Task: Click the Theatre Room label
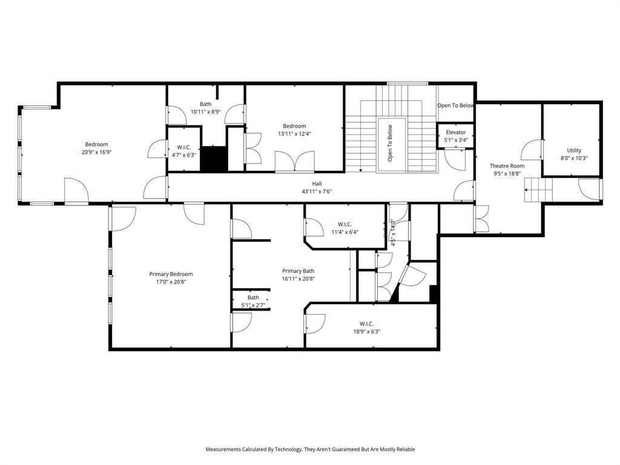pos(507,166)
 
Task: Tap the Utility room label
pos(573,150)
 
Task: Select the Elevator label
pos(455,132)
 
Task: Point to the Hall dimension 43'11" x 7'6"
pos(317,191)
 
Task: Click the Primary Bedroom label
pos(171,274)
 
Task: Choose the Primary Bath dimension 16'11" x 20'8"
pos(298,279)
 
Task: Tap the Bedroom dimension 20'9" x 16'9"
pos(96,152)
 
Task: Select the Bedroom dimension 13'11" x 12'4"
pos(294,134)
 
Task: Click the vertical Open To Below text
pos(391,143)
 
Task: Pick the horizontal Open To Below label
pos(455,105)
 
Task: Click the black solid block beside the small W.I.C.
pos(213,159)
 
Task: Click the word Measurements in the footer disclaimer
pos(226,449)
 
